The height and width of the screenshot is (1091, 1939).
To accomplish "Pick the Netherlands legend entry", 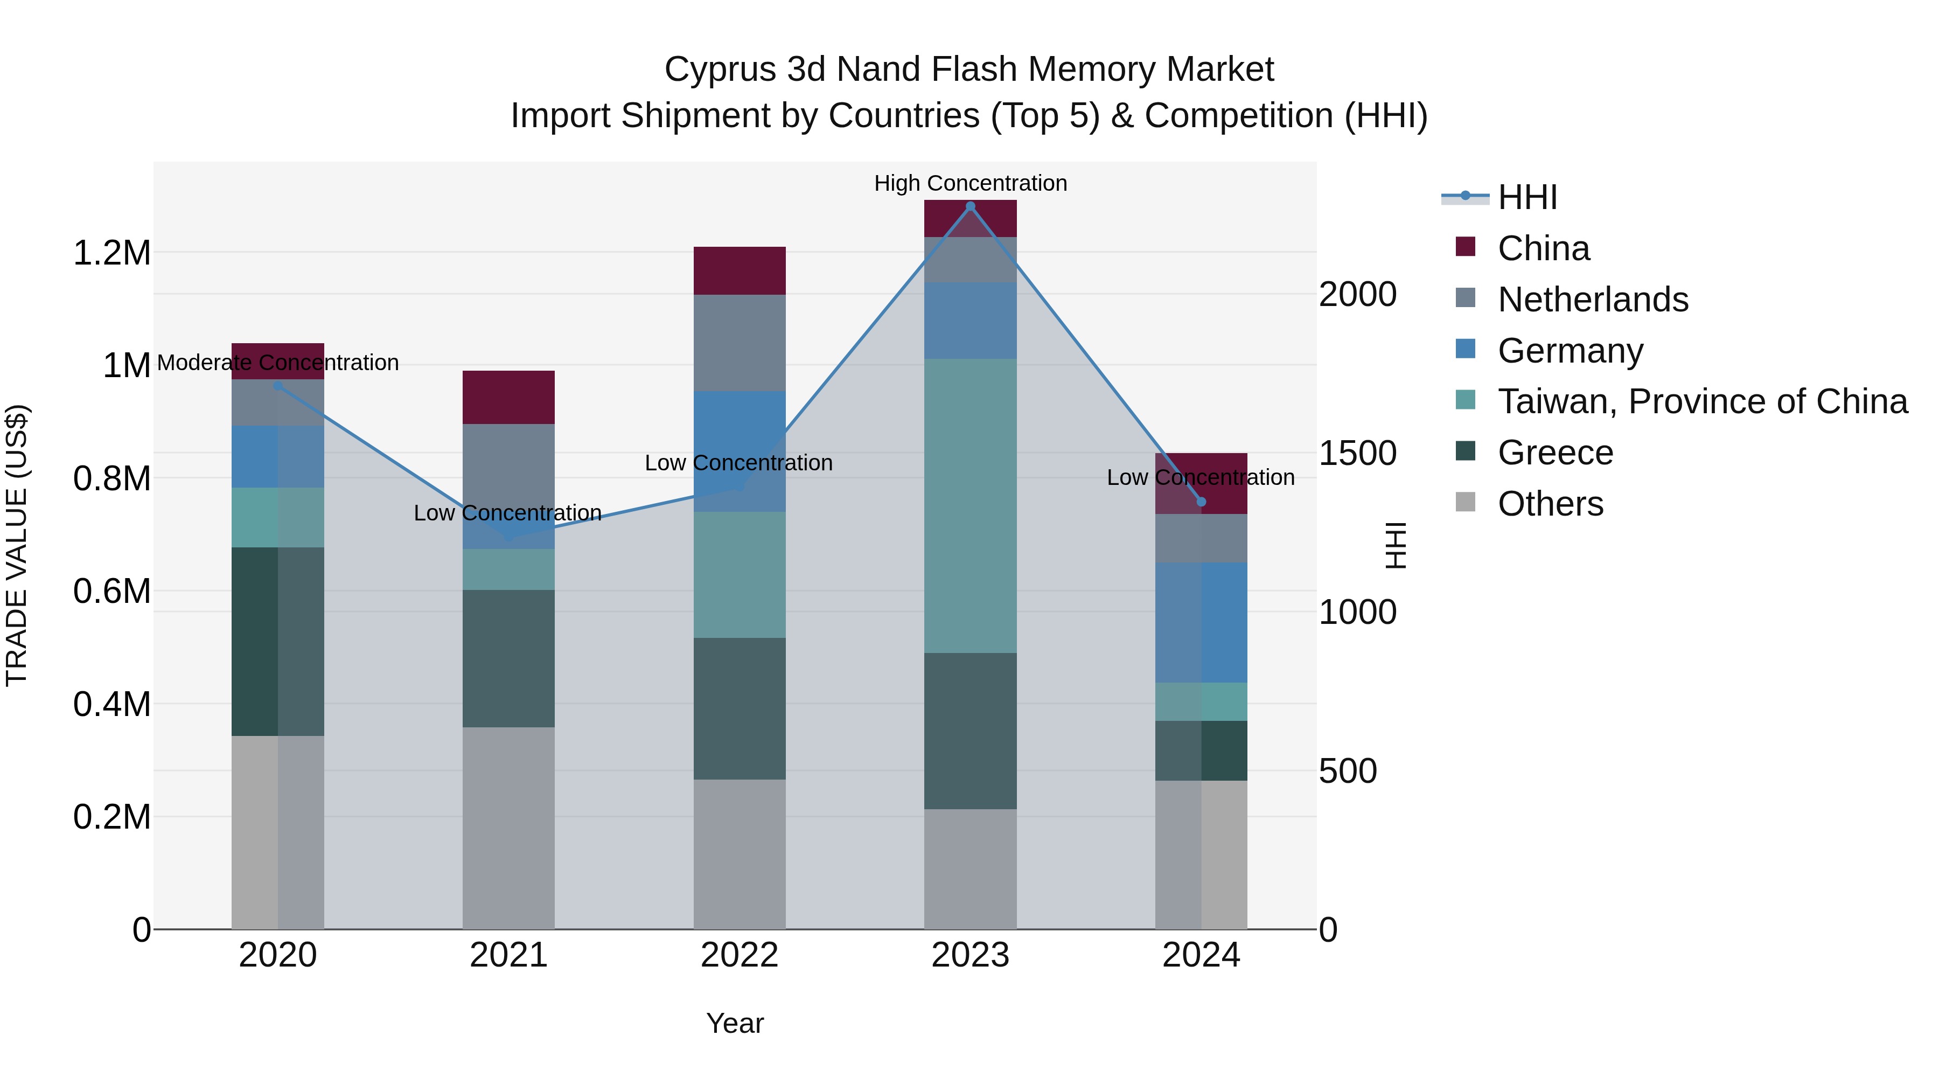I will [x=1592, y=300].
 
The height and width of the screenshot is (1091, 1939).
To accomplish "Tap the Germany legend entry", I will [x=1570, y=351].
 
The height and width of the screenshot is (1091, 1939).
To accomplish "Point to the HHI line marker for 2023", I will [x=970, y=206].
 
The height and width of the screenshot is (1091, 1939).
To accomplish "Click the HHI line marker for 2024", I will [x=1201, y=502].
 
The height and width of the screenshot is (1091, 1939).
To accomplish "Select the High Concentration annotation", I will [x=970, y=184].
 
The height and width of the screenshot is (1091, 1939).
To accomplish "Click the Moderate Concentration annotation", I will [x=278, y=363].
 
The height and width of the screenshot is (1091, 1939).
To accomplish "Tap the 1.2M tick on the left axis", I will [x=111, y=253].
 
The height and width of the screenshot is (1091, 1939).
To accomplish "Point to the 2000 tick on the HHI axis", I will [x=1357, y=294].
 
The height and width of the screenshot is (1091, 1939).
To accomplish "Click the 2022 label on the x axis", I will [x=739, y=955].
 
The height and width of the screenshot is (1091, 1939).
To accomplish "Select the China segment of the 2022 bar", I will [x=739, y=270].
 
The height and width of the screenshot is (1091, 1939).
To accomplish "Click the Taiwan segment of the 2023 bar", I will [x=970, y=505].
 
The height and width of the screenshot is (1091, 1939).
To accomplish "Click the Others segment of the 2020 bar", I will [x=278, y=832].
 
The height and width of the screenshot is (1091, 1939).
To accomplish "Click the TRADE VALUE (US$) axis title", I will [x=17, y=545].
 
